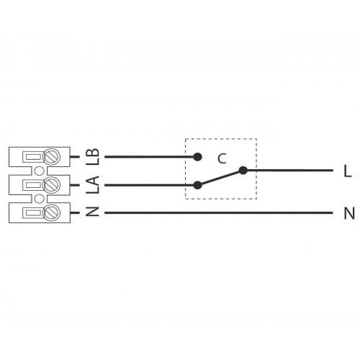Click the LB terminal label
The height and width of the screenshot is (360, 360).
(93, 156)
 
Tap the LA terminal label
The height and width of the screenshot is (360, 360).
(93, 184)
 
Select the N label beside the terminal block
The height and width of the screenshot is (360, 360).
(93, 212)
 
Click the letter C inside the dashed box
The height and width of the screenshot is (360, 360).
(222, 158)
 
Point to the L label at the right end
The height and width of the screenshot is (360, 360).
(348, 171)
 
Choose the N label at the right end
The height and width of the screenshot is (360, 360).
(349, 213)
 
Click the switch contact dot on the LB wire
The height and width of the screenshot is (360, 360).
(197, 157)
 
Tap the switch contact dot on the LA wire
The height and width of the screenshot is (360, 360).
(197, 185)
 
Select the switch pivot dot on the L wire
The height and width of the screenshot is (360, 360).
(243, 171)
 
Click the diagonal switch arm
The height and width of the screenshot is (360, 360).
(220, 178)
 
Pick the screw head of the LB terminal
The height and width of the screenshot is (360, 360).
(51, 157)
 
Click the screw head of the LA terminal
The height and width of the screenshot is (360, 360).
(51, 185)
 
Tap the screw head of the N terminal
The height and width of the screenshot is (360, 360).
(51, 212)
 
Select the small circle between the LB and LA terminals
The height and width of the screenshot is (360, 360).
(40, 171)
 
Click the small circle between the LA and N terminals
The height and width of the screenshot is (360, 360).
(40, 199)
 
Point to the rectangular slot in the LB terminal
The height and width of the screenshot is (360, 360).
(33, 157)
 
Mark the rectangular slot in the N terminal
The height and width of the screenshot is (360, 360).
(33, 212)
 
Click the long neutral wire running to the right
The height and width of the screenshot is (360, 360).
(219, 212)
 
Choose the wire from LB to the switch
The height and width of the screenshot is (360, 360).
(151, 157)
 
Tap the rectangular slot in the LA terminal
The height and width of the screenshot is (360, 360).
(33, 185)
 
